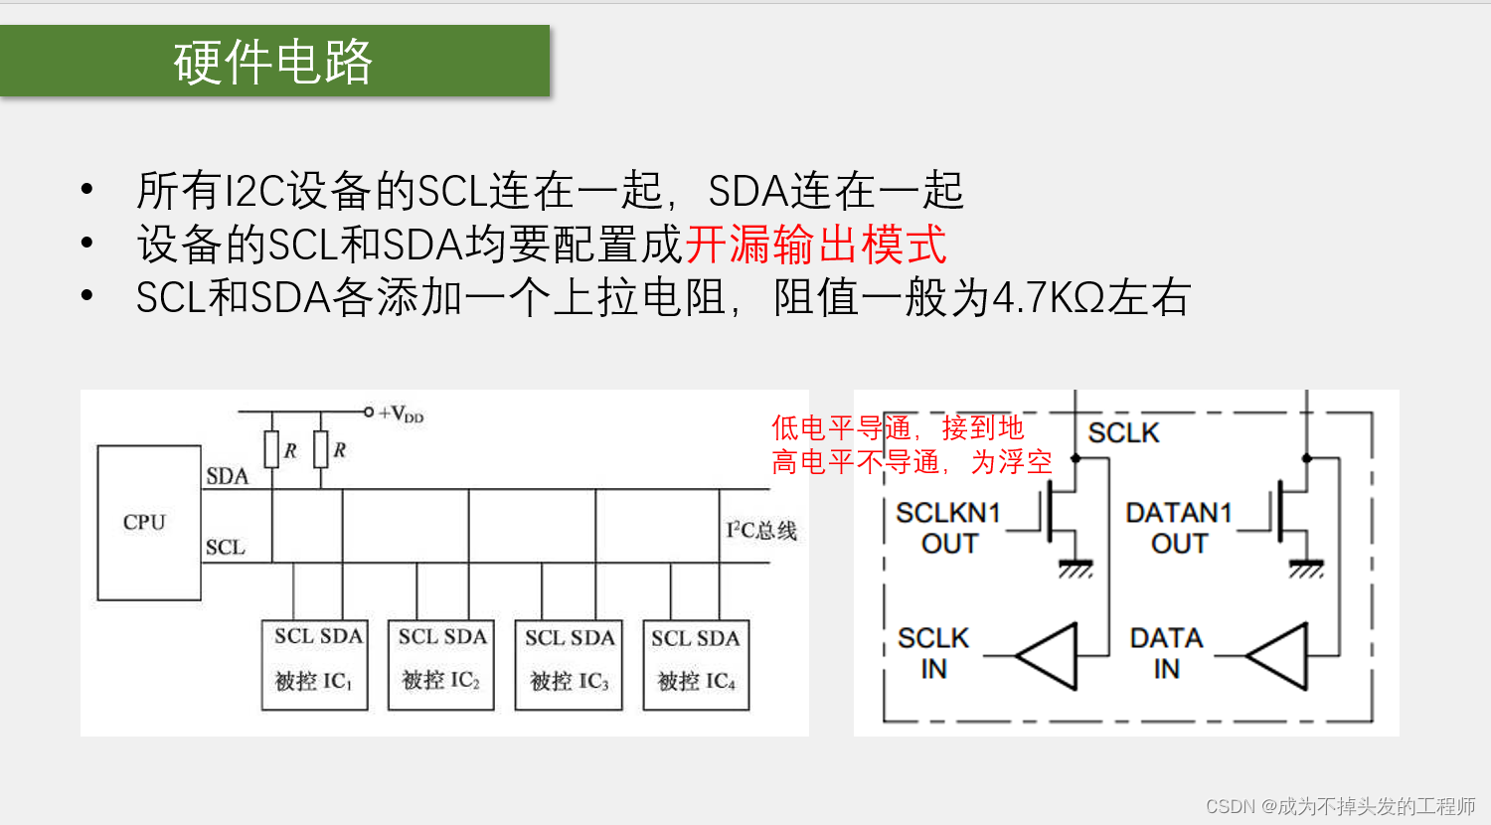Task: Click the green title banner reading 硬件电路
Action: tap(274, 61)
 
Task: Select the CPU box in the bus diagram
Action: tap(149, 523)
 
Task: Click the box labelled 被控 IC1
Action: tap(314, 665)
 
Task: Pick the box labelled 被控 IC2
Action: tap(440, 665)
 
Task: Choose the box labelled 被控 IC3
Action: tap(568, 665)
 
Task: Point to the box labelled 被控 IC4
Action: tap(695, 665)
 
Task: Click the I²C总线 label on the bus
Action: tap(761, 531)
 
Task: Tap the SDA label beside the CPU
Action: tap(227, 476)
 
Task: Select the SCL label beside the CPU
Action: tap(226, 548)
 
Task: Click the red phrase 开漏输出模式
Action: tap(815, 245)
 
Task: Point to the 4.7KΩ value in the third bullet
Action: tap(1049, 298)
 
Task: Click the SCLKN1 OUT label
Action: tap(948, 528)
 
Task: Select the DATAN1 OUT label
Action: tap(1179, 528)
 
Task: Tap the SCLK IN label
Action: tap(932, 653)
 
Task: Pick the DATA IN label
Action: tap(1166, 653)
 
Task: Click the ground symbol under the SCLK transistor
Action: tap(1076, 570)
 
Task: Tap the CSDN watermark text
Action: tap(1340, 806)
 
